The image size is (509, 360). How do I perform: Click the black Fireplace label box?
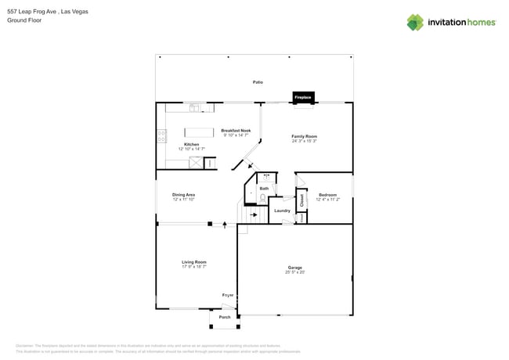(x=303, y=97)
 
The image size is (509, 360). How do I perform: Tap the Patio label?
(x=257, y=82)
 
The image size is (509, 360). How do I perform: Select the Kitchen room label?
(x=191, y=145)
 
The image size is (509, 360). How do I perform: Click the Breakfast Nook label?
(x=236, y=131)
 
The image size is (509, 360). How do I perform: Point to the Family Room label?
(x=304, y=136)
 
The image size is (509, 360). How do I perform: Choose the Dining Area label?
(x=184, y=195)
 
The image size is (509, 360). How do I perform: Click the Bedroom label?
(x=327, y=195)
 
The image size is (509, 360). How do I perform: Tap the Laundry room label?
(x=282, y=211)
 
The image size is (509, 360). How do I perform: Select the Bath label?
(x=264, y=189)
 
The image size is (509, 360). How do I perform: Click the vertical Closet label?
(x=301, y=199)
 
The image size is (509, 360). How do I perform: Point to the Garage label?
(x=294, y=268)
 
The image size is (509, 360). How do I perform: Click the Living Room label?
(x=194, y=262)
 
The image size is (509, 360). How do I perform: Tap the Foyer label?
(x=227, y=295)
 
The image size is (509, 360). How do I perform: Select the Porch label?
(x=225, y=317)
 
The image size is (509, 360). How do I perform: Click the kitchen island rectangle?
(x=199, y=132)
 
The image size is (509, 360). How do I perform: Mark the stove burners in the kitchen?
(x=161, y=135)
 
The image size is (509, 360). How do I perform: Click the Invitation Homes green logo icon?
(x=414, y=23)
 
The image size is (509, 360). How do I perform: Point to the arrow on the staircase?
(x=253, y=214)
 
